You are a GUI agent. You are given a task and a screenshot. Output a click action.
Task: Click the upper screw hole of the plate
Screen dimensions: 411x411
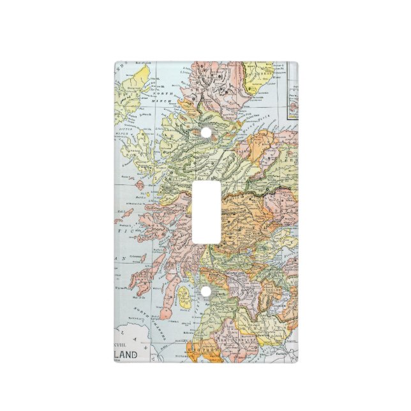tap(205, 132)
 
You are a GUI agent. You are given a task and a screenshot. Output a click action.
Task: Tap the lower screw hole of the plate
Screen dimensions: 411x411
tap(205, 292)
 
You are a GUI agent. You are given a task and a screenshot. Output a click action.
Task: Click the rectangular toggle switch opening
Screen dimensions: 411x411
tap(205, 212)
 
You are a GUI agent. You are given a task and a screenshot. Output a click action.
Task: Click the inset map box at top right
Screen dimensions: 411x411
tap(293, 93)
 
